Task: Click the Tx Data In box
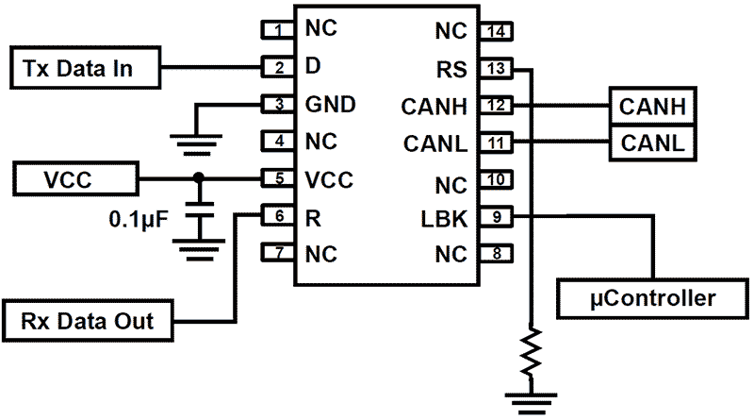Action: click(83, 68)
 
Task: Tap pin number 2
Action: click(277, 68)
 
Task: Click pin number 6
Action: click(277, 216)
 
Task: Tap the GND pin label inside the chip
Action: click(329, 105)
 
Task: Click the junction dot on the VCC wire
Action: click(197, 178)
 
